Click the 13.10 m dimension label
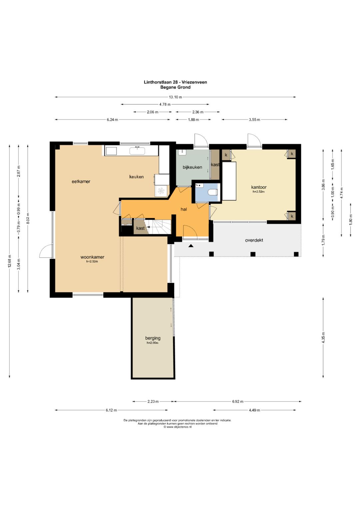175,97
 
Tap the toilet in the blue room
213,192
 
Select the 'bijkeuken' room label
192,167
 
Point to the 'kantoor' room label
259,187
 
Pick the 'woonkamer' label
92,257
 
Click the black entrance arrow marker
191,246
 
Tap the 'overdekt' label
254,240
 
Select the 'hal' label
184,209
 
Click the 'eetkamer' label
81,182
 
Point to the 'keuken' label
136,177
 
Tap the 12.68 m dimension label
9,262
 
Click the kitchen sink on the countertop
137,151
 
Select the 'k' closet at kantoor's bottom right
292,216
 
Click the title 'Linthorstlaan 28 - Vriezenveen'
175,82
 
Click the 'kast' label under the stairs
140,228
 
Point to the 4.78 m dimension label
165,105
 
